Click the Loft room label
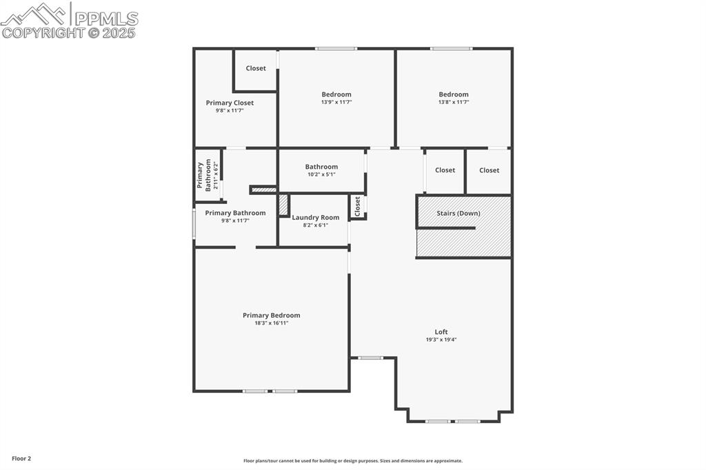[441, 331]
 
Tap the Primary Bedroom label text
[271, 315]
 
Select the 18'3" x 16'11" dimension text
[271, 323]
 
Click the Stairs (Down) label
[458, 213]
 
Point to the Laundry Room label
[315, 217]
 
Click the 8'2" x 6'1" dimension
[315, 225]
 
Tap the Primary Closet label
[230, 103]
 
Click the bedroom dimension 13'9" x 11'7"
[336, 102]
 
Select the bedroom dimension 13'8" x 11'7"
[454, 102]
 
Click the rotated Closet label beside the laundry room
[357, 206]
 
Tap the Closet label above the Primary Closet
[256, 68]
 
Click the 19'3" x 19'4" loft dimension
[441, 339]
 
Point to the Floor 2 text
[21, 458]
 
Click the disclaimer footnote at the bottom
[353, 460]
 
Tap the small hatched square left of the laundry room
[283, 205]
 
